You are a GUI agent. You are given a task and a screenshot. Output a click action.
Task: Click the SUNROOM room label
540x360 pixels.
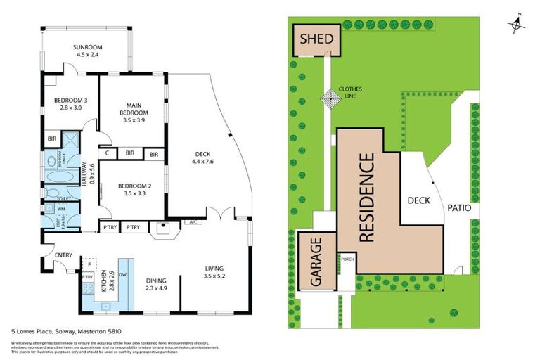pos(87,48)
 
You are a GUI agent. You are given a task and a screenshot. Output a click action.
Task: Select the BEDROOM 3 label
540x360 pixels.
pos(70,100)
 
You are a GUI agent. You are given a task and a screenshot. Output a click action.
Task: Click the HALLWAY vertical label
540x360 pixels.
pos(83,176)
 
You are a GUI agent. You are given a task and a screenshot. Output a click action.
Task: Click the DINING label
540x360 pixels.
pos(155,280)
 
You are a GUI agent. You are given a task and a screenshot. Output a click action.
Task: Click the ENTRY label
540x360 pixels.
pos(52,255)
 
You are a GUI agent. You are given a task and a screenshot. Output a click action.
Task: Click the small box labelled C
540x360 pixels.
pos(107,153)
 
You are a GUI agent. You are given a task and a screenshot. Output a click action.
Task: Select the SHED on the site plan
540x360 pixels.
pos(316,39)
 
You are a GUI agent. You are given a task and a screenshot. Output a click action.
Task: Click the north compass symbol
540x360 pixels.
pos(517,24)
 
